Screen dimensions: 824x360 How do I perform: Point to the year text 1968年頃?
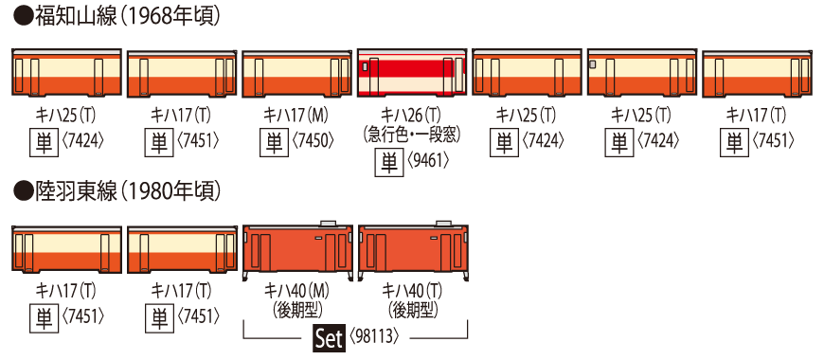(x=167, y=17)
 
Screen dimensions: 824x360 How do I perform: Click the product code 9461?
(x=428, y=160)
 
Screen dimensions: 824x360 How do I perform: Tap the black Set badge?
(x=328, y=338)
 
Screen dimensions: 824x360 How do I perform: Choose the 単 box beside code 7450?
(x=273, y=141)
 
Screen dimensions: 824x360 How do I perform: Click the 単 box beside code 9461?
(x=388, y=160)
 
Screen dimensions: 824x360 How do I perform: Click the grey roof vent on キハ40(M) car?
(x=329, y=224)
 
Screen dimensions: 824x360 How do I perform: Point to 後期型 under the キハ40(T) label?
(x=412, y=309)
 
